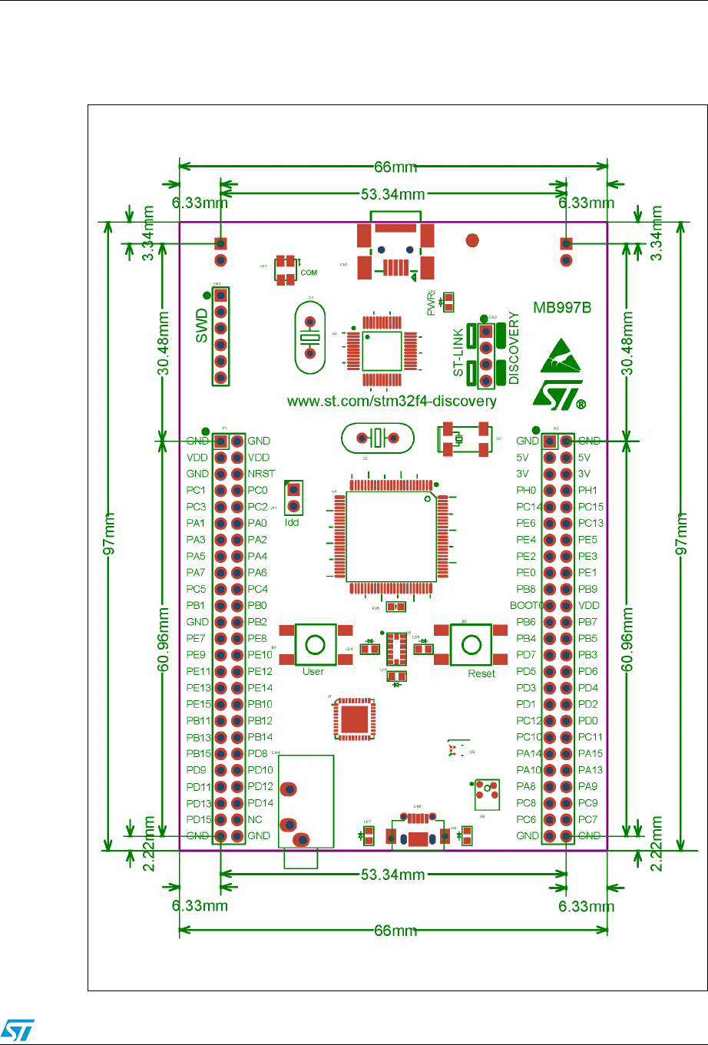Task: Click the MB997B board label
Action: (564, 309)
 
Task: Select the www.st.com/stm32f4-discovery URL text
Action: (392, 401)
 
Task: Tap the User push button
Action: (313, 643)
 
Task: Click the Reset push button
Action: (471, 643)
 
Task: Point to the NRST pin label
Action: (261, 474)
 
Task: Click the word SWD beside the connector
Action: (202, 326)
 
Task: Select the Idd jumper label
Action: (292, 522)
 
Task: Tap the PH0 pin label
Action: (526, 490)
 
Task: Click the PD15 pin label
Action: (197, 819)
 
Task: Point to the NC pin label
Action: (255, 819)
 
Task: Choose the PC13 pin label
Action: (591, 523)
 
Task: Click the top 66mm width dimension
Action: (394, 167)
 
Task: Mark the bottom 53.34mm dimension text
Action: (394, 875)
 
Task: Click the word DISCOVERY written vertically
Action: (514, 348)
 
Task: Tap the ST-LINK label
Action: (458, 352)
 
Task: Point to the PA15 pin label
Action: (591, 753)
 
